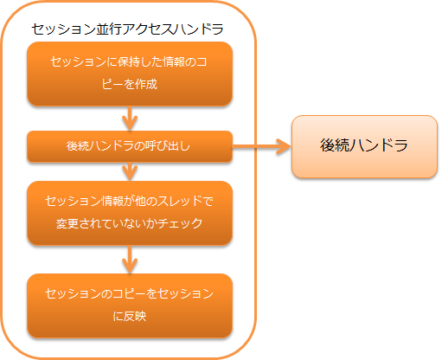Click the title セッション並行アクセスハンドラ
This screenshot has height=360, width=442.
127,29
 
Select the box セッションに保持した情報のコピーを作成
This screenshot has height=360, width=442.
130,74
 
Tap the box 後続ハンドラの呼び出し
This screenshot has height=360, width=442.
130,146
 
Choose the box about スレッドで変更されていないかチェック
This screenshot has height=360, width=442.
130,213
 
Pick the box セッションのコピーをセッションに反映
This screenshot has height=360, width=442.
130,305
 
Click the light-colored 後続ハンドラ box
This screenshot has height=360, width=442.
364,146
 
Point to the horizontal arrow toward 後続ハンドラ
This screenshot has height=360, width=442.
262,146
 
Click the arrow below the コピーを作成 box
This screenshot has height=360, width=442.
130,119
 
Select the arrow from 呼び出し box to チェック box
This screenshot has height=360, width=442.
130,171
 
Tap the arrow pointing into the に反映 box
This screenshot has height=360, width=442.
130,260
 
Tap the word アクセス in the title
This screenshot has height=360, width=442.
151,29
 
